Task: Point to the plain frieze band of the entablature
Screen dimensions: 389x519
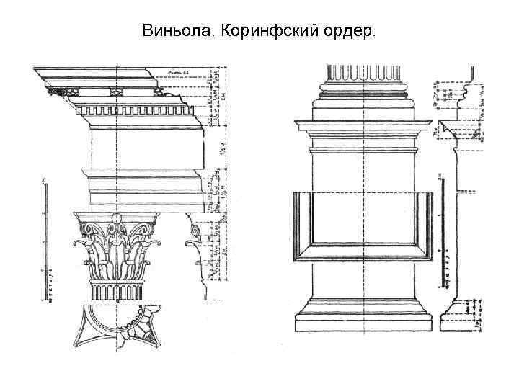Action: [x=144, y=148]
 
